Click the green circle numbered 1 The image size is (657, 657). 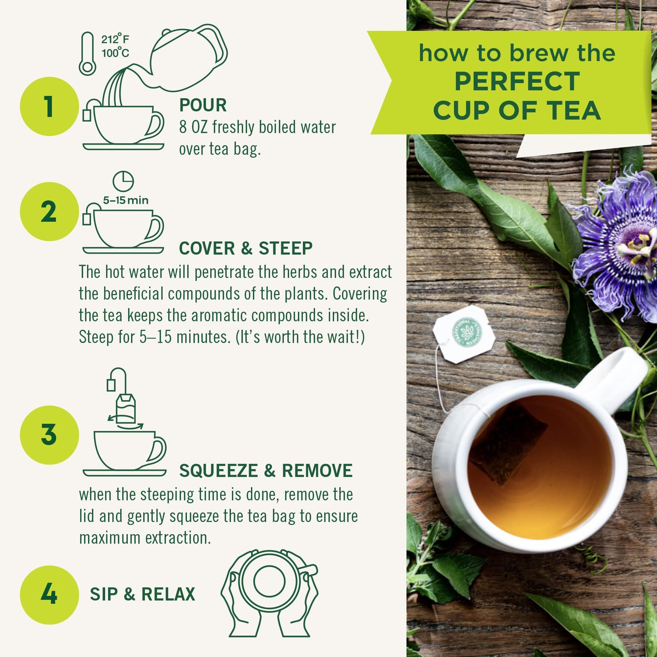[49, 106]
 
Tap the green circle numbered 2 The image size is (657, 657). [49, 211]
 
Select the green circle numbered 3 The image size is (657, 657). [49, 435]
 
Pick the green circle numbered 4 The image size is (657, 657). [49, 594]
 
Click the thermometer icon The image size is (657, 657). [87, 54]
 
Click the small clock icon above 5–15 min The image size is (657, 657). [123, 181]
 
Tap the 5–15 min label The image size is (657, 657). [125, 201]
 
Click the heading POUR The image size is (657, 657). [203, 105]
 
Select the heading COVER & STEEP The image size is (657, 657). [246, 248]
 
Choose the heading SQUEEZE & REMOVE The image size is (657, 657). [266, 471]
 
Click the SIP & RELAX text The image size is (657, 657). [142, 594]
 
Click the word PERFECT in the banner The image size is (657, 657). [517, 81]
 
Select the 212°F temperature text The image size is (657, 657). [115, 39]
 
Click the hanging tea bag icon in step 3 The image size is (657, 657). [125, 407]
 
